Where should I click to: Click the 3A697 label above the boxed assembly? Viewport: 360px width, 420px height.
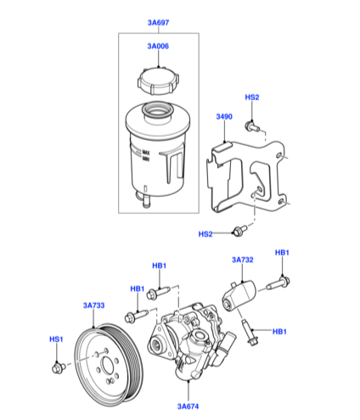coord(158,23)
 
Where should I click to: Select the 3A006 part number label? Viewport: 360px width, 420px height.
coord(158,46)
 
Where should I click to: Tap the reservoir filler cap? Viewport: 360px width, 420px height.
coord(158,81)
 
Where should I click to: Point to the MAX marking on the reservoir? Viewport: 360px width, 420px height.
coord(146,152)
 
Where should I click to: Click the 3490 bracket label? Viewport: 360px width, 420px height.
coord(224,116)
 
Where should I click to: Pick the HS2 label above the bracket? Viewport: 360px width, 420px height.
coord(252,98)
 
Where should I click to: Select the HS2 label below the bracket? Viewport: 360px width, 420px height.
coord(205,234)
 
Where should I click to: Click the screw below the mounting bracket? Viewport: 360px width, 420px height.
coord(239,231)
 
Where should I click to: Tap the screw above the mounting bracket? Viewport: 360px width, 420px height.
coord(252,126)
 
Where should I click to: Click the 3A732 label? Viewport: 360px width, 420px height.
coord(243,260)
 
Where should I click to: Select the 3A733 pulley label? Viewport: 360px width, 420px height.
coord(93,305)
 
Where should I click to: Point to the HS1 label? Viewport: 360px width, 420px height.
coord(56,339)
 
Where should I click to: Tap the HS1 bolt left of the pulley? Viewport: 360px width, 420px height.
coord(59,368)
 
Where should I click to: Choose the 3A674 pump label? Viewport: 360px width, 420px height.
coord(188,406)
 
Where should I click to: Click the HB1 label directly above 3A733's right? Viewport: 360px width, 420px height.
coord(138,288)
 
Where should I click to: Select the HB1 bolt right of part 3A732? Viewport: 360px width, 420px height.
coord(278,283)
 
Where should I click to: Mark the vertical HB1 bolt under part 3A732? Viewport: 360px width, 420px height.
coord(249,333)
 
